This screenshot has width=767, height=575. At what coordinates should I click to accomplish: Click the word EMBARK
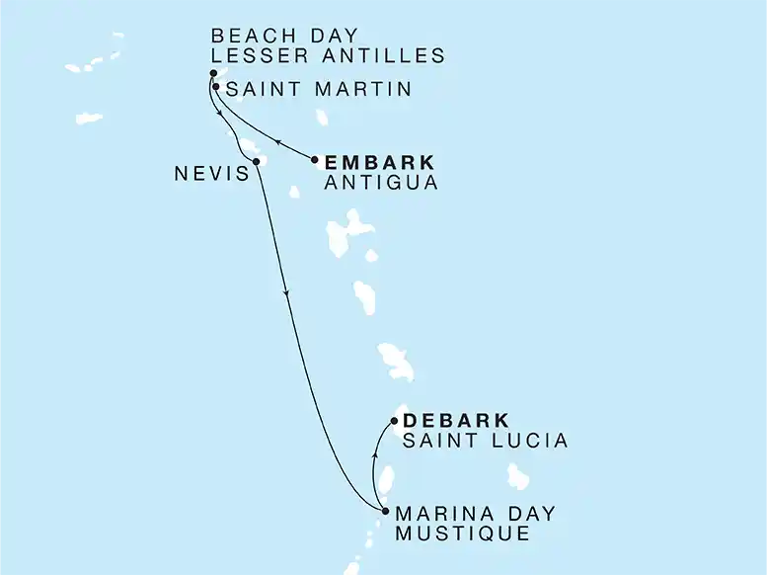pos(380,162)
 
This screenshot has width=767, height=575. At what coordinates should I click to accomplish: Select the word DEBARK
pos(456,421)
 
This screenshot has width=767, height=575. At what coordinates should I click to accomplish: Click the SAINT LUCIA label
pos(485,441)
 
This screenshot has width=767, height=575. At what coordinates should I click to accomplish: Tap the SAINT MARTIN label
pos(319,90)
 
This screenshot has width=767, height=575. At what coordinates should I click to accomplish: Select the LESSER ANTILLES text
pos(328,56)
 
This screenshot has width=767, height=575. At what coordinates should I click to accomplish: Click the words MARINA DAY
pos(475,514)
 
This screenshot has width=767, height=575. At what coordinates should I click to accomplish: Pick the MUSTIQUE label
pos(462,534)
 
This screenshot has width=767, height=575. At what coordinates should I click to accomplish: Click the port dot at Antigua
pos(315,160)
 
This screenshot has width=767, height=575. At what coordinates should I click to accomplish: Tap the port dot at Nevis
pos(256,162)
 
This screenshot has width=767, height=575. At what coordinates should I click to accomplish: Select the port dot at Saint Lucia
pos(395,421)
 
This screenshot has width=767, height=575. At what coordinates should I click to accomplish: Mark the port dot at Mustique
pos(385,511)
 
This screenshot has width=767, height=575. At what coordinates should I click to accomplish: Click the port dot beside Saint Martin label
pos(215,87)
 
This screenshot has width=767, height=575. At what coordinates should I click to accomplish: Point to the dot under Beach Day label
pos(213,73)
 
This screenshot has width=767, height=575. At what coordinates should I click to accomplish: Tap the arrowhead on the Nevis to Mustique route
pos(286,293)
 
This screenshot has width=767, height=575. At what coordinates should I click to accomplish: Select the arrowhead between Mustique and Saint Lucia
pos(374,457)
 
